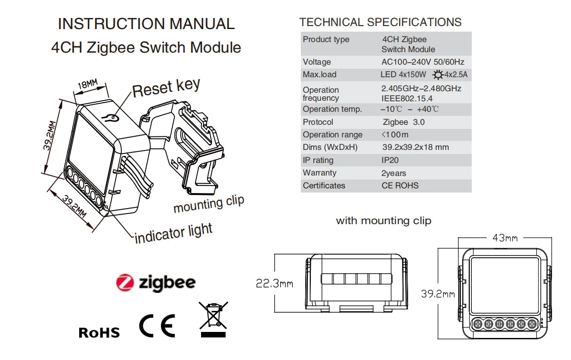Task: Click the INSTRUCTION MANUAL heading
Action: tap(146, 24)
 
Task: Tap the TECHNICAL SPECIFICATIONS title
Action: tap(380, 22)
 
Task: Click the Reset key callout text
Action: tap(166, 88)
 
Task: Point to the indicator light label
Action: tap(173, 233)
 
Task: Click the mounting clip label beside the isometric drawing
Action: tap(209, 204)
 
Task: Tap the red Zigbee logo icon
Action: tap(125, 283)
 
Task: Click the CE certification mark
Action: tap(157, 326)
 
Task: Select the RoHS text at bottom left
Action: tap(99, 332)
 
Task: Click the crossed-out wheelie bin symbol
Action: tap(213, 319)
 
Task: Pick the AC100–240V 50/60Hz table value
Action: tap(423, 62)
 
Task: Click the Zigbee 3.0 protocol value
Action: tap(403, 122)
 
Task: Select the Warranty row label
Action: tap(319, 172)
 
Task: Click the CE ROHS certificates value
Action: tap(400, 186)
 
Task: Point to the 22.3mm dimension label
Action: tap(274, 284)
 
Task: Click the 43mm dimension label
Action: tap(504, 238)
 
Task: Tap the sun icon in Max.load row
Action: tap(438, 75)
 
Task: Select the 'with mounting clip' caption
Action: tap(383, 221)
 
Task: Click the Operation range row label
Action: tap(332, 134)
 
